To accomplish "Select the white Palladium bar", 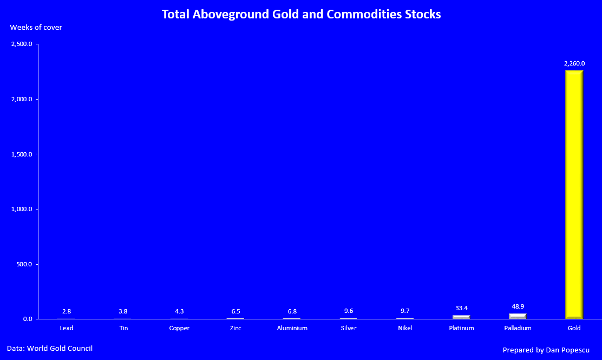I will (518, 316).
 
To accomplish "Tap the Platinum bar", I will (461, 317).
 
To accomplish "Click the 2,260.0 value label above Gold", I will (574, 63).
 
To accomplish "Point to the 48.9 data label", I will (518, 306).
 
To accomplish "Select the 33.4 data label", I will (461, 308).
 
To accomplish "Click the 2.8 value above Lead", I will (67, 311).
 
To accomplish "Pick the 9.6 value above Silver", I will (349, 311).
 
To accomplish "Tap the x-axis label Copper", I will (179, 328).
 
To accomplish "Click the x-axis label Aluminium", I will (292, 328).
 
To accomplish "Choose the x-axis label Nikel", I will (404, 328).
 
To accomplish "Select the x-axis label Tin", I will (123, 328).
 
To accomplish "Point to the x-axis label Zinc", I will (235, 328).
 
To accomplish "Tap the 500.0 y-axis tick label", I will (24, 264).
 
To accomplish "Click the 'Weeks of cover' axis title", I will (36, 27).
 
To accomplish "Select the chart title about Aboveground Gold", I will (301, 14).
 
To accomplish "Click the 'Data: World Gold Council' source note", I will (46, 348).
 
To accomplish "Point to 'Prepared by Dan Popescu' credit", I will (546, 350).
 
